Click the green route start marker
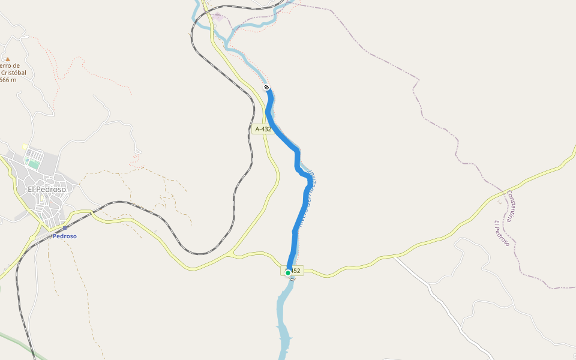[288, 272]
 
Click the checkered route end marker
[267, 88]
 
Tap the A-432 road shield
[263, 129]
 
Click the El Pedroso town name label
[47, 189]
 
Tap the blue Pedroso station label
[65, 236]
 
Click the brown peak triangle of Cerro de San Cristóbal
[8, 59]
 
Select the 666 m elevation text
[8, 80]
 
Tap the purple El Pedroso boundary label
[501, 233]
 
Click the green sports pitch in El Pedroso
[34, 163]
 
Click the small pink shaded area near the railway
[217, 17]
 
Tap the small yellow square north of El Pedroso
[25, 146]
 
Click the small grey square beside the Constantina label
[499, 202]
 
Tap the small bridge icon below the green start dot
[292, 279]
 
